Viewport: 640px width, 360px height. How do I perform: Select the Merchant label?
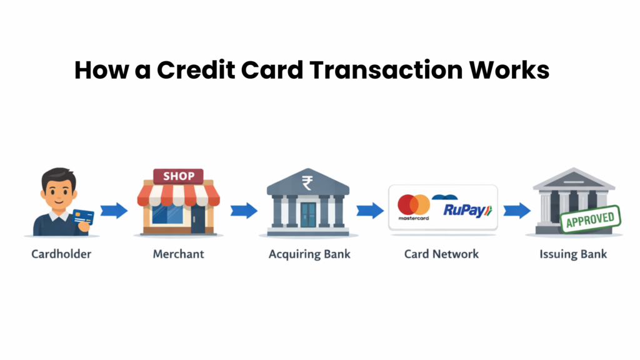178,254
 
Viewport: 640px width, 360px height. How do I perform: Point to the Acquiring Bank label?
309,254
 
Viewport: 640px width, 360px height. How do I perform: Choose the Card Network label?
441,254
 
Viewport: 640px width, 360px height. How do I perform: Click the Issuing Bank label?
573,254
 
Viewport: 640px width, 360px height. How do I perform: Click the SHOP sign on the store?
179,176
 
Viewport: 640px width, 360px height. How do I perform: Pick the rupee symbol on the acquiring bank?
307,182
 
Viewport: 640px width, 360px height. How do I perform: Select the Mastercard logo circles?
414,204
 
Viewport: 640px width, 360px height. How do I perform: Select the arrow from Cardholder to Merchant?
114,211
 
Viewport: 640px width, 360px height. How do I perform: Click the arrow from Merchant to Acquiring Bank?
243,211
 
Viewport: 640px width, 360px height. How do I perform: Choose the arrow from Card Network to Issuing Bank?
517,211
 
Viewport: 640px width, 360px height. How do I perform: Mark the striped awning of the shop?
179,195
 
